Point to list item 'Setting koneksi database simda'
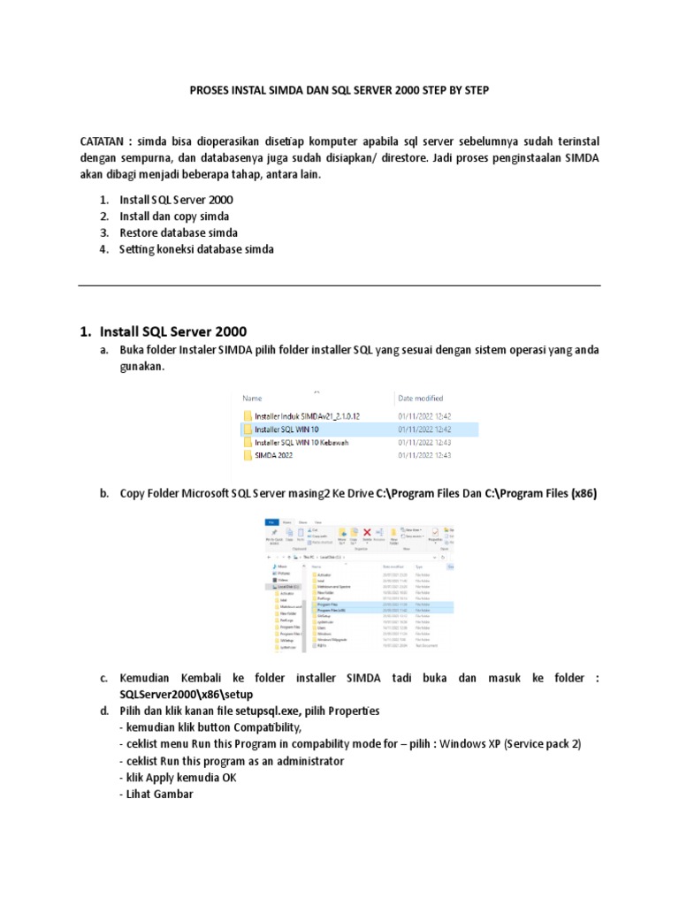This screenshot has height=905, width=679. pyautogui.click(x=196, y=249)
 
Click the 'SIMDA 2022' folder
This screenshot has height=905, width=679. pyautogui.click(x=273, y=455)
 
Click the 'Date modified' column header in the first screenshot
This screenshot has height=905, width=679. pyautogui.click(x=421, y=399)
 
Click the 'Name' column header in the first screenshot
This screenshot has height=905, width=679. pyautogui.click(x=252, y=399)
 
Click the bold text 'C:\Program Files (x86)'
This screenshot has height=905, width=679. pyautogui.click(x=541, y=494)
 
